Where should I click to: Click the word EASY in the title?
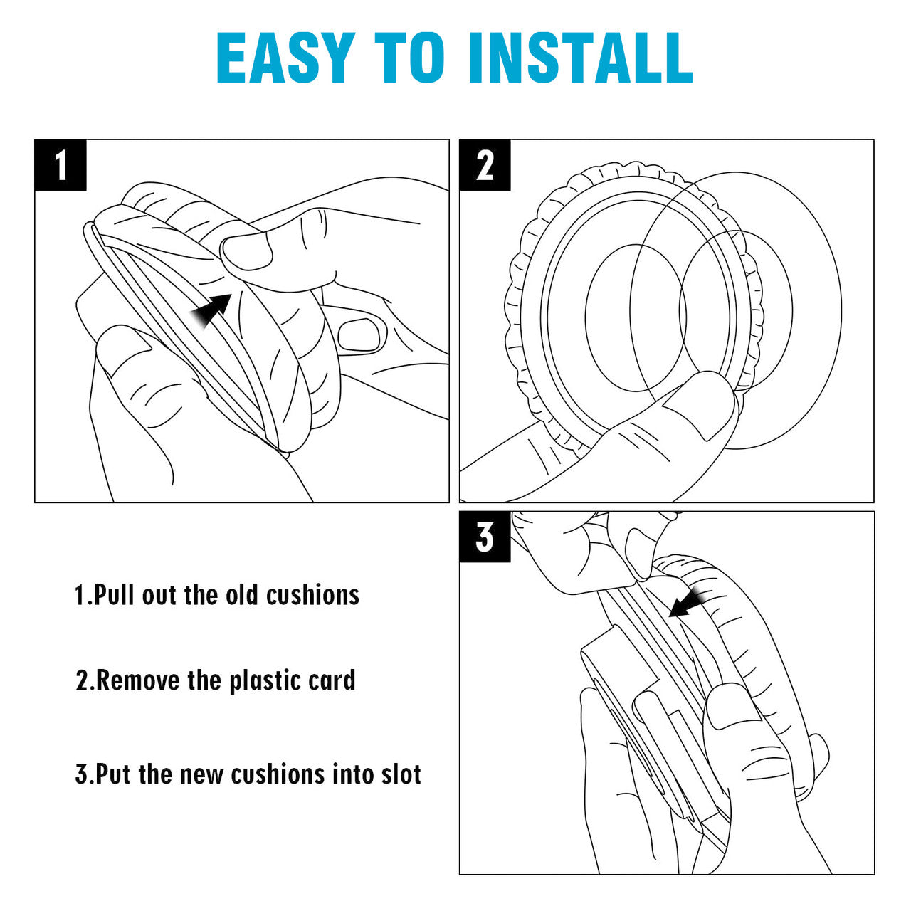[285, 58]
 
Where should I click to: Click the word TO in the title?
[414, 58]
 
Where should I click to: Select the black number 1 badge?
[60, 165]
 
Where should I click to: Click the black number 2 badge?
[485, 165]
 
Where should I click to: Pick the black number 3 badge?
[485, 537]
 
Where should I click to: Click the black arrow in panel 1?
[213, 311]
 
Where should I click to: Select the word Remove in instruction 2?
[138, 680]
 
